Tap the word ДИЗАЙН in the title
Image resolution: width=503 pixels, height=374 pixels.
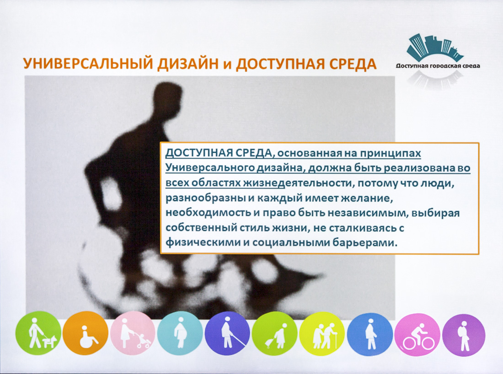point(185,64)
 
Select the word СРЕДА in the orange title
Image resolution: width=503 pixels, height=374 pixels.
point(350,64)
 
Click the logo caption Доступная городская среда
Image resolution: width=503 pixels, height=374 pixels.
point(438,66)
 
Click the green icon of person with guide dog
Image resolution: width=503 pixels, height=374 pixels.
point(38,332)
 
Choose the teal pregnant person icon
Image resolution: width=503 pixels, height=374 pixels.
point(180,333)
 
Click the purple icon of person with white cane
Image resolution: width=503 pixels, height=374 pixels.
point(227,333)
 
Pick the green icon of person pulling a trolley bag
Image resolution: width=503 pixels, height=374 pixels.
point(275,333)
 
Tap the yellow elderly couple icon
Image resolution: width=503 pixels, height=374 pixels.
point(322,333)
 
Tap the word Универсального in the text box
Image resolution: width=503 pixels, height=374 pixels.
point(210,168)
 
